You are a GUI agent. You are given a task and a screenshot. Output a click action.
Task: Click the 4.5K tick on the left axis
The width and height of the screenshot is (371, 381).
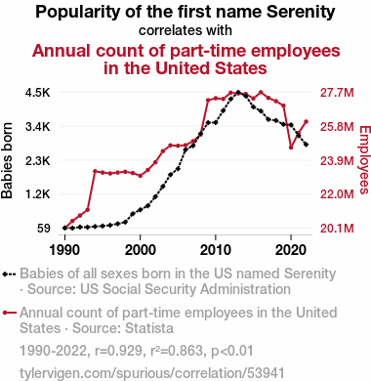[38, 93]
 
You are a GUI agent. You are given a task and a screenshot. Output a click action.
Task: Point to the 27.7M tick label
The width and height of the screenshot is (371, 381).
[337, 93]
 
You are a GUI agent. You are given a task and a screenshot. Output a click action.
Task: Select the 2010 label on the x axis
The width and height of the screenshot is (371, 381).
[216, 250]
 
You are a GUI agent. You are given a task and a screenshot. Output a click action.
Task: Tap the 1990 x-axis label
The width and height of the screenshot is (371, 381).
[64, 250]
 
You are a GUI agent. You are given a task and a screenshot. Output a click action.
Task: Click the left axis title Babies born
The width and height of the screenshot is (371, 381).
[7, 160]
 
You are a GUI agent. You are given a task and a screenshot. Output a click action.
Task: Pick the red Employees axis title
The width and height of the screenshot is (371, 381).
[365, 160]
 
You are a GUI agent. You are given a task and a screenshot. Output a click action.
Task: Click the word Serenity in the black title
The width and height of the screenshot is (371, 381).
[301, 12]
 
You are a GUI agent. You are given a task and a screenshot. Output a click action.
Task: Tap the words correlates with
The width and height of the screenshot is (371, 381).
[185, 30]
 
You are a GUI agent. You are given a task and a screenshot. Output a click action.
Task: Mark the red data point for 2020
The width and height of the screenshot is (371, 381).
[291, 148]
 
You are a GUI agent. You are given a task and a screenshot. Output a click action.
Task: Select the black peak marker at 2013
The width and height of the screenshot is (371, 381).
[238, 93]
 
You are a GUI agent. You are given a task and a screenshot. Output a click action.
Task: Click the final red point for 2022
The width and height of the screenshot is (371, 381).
[306, 122]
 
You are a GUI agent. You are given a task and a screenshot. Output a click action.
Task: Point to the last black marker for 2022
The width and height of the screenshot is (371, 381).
[306, 145]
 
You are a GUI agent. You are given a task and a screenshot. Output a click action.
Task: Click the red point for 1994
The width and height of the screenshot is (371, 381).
[95, 171]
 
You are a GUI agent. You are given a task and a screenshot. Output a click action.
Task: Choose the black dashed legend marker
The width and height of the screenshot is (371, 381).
[9, 275]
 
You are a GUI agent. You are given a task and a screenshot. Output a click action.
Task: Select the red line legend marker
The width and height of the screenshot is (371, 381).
[10, 313]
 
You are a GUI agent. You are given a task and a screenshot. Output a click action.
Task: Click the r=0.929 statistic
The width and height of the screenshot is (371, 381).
[119, 351]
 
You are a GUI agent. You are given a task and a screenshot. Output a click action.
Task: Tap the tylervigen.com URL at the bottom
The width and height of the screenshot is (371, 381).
[152, 373]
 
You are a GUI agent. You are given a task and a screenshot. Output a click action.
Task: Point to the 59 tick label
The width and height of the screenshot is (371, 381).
[44, 229]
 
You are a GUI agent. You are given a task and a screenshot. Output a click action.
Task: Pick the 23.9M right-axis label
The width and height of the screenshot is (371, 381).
[337, 160]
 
